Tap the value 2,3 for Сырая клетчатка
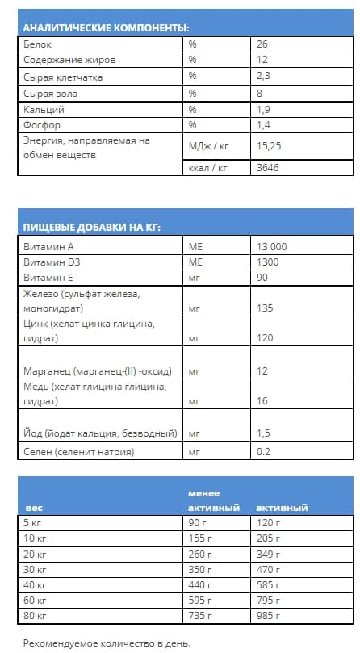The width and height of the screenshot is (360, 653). pos(263,76)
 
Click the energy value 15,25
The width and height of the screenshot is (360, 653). pos(270,146)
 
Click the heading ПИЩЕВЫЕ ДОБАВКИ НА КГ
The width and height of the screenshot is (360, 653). pos(91,227)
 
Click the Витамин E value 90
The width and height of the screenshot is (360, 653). pos(262,277)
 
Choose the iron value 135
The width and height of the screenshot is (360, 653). pos(265,308)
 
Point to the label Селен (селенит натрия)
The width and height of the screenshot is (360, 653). pos(79,452)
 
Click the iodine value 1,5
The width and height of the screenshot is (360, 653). pos(263,433)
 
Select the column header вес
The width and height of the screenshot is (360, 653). pos(34,509)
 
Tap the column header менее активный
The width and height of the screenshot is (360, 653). pos(213,500)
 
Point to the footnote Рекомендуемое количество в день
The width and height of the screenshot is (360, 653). pos(107,643)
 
